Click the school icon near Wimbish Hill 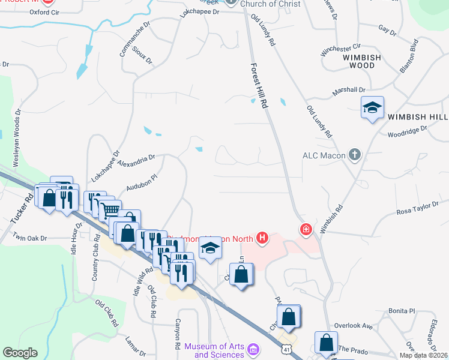click(x=372, y=108)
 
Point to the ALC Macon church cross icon click(x=355, y=155)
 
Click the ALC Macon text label click(x=324, y=156)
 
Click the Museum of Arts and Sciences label click(x=214, y=350)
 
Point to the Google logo click(x=20, y=353)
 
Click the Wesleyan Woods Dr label click(x=17, y=138)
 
